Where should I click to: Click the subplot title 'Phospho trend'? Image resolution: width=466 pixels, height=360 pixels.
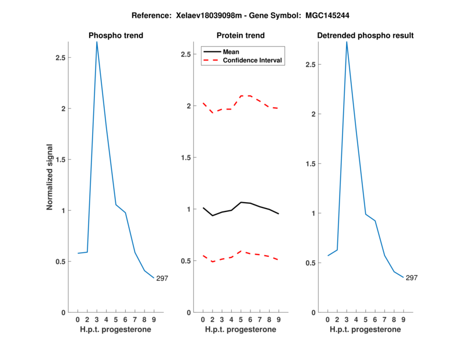115,36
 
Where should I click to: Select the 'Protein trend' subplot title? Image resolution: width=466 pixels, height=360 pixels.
240,36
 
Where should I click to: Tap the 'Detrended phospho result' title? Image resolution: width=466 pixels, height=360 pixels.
365,36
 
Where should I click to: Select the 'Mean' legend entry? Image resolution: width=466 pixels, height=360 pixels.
231,52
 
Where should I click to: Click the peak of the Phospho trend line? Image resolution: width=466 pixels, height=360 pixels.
97,42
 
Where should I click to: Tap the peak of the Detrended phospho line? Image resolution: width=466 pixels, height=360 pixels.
347,42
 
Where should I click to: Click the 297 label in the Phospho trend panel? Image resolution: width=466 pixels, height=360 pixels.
162,278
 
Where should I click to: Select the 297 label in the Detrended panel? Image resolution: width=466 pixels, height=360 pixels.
412,278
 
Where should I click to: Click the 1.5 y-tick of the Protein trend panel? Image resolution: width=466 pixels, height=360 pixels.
185,157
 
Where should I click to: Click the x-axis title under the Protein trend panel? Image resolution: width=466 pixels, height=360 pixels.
240,329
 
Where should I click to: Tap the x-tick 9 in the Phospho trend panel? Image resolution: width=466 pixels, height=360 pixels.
154,319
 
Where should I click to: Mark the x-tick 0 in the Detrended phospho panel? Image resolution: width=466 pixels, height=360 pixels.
327,319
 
